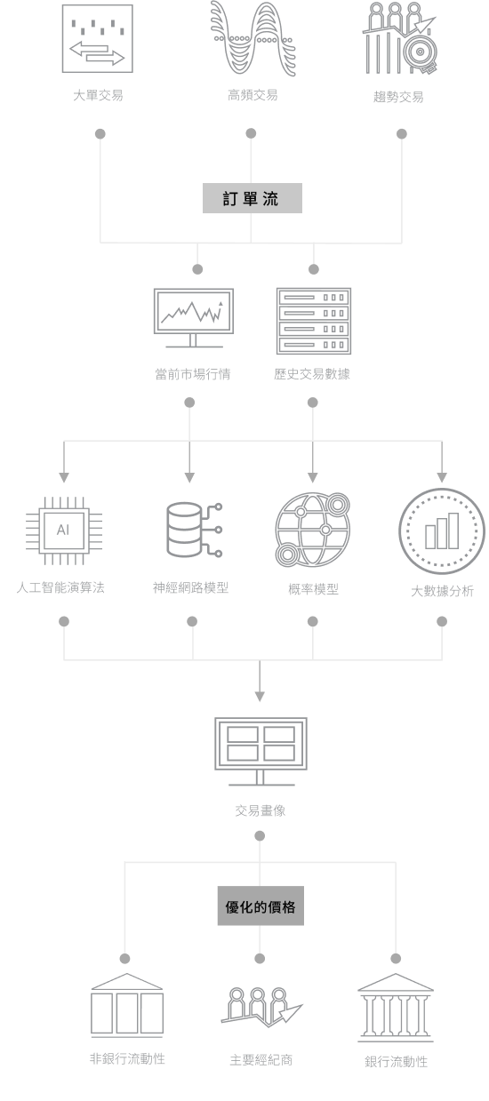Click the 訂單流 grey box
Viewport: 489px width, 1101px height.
pyautogui.click(x=252, y=198)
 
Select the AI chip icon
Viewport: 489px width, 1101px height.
pyautogui.click(x=64, y=531)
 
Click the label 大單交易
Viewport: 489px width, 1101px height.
pyautogui.click(x=98, y=95)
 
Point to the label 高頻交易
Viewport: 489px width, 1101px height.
pyautogui.click(x=253, y=94)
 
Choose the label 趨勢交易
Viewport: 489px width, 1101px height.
pyautogui.click(x=398, y=96)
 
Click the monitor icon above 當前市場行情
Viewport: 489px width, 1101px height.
pyautogui.click(x=193, y=318)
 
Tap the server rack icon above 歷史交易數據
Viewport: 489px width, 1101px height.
pyautogui.click(x=314, y=321)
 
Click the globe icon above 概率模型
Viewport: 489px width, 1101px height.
pyautogui.click(x=312, y=530)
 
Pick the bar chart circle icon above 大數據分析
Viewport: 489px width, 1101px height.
pyautogui.click(x=442, y=531)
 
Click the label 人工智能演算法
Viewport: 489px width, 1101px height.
pyautogui.click(x=60, y=587)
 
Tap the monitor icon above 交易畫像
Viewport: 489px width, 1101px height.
pyautogui.click(x=261, y=752)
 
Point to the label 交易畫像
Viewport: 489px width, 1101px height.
pyautogui.click(x=261, y=810)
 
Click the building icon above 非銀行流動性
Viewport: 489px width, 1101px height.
pyautogui.click(x=127, y=1005)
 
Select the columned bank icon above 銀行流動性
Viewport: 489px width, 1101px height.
pyautogui.click(x=396, y=1008)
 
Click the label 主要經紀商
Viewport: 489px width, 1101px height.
pyautogui.click(x=261, y=1060)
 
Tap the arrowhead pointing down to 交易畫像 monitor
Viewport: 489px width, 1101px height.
pyautogui.click(x=260, y=697)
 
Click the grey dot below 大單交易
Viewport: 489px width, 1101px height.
pyautogui.click(x=100, y=133)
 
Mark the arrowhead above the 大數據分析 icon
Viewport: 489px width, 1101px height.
pyautogui.click(x=442, y=477)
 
